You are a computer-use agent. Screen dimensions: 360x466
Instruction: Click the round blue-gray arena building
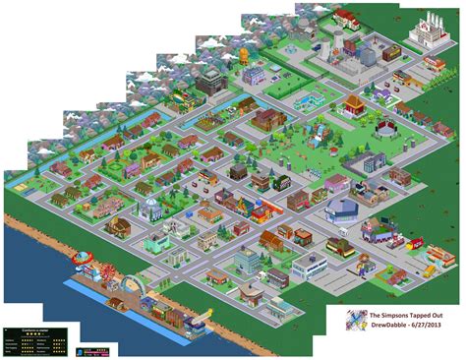pyautogui.click(x=340, y=207)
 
